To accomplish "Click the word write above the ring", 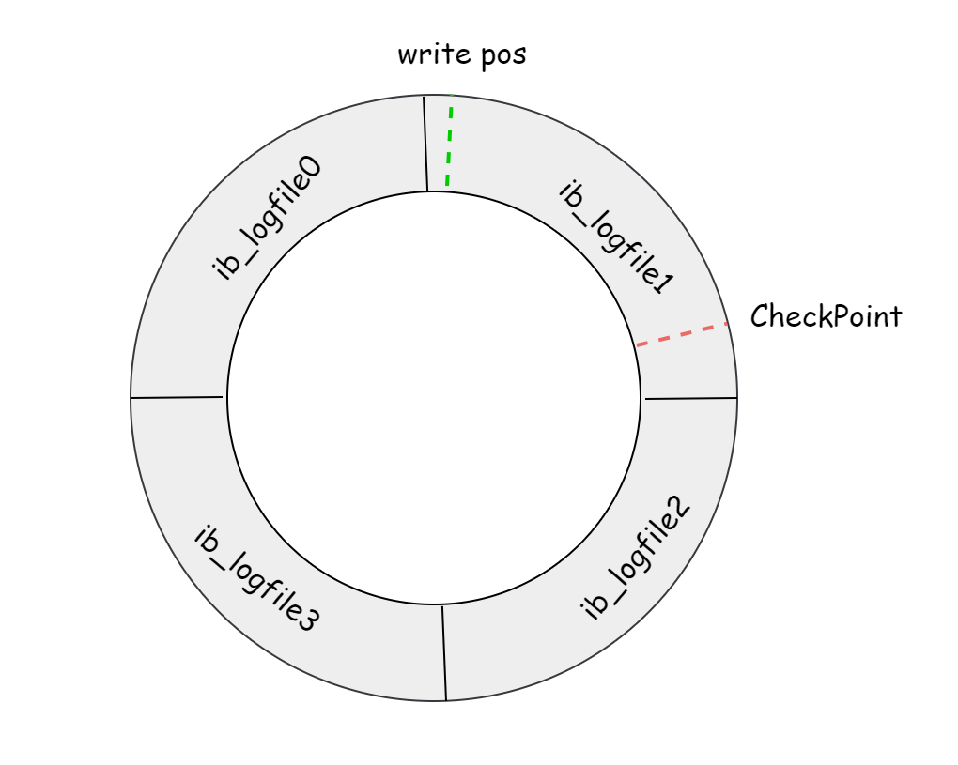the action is point(427,54).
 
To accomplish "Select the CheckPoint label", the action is point(826,316).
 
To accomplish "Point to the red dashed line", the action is point(683,335).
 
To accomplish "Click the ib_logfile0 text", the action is point(268,219).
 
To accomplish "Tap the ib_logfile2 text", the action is point(636,560).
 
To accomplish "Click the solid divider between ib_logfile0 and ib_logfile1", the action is point(425,143).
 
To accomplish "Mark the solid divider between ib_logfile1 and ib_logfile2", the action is point(690,398).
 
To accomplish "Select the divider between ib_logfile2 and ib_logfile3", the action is point(443,652).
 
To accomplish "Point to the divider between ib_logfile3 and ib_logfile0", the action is point(178,397).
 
